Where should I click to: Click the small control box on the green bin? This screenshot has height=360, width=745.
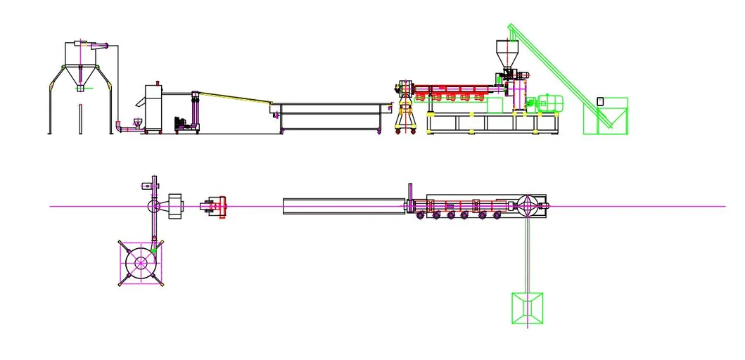(x=600, y=101)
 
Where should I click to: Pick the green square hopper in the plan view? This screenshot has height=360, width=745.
(x=526, y=307)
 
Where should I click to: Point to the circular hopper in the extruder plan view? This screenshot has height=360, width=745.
(x=527, y=206)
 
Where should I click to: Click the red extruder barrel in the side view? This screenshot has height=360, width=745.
(x=457, y=89)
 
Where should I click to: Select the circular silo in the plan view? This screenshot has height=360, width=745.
(x=141, y=263)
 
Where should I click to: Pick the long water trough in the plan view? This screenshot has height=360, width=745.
(x=345, y=206)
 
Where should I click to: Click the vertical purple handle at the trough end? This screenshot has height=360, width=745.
(x=409, y=196)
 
